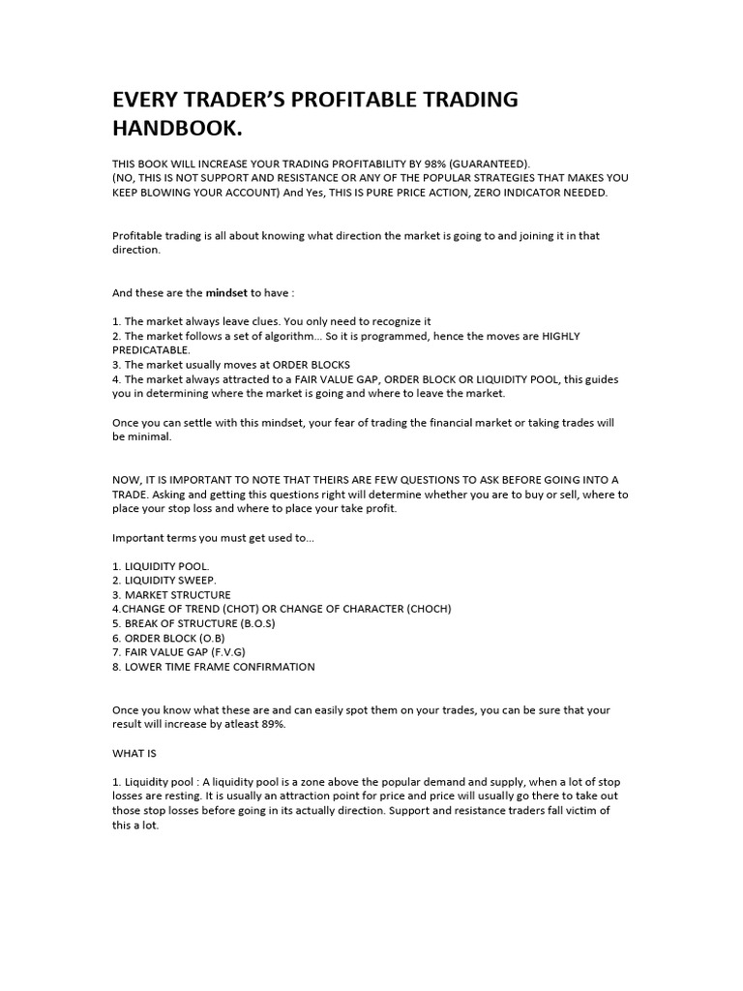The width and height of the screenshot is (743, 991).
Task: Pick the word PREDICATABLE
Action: (152, 350)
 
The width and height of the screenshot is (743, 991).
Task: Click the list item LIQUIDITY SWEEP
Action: (171, 580)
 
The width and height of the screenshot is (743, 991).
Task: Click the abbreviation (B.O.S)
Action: (250, 623)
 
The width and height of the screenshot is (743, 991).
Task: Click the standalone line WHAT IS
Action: (134, 752)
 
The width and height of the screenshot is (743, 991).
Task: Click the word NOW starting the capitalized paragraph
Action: (128, 480)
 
